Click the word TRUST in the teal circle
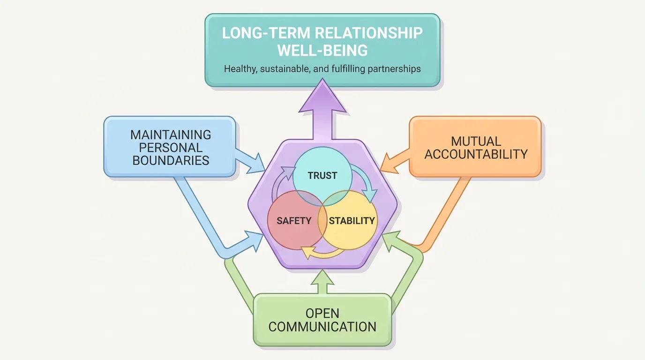[x=322, y=176]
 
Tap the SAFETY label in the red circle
[x=294, y=220]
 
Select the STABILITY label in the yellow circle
[x=352, y=220]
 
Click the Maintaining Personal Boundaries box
[x=170, y=147]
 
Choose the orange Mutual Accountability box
[x=475, y=147]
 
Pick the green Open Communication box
[x=322, y=320]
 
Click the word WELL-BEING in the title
[x=322, y=50]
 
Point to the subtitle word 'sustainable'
[x=279, y=69]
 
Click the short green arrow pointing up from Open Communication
[x=322, y=281]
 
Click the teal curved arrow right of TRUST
[x=368, y=183]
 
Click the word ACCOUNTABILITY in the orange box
[x=476, y=154]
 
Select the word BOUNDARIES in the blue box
[x=171, y=160]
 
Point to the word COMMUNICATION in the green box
[x=322, y=327]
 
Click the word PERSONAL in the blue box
[x=171, y=147]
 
